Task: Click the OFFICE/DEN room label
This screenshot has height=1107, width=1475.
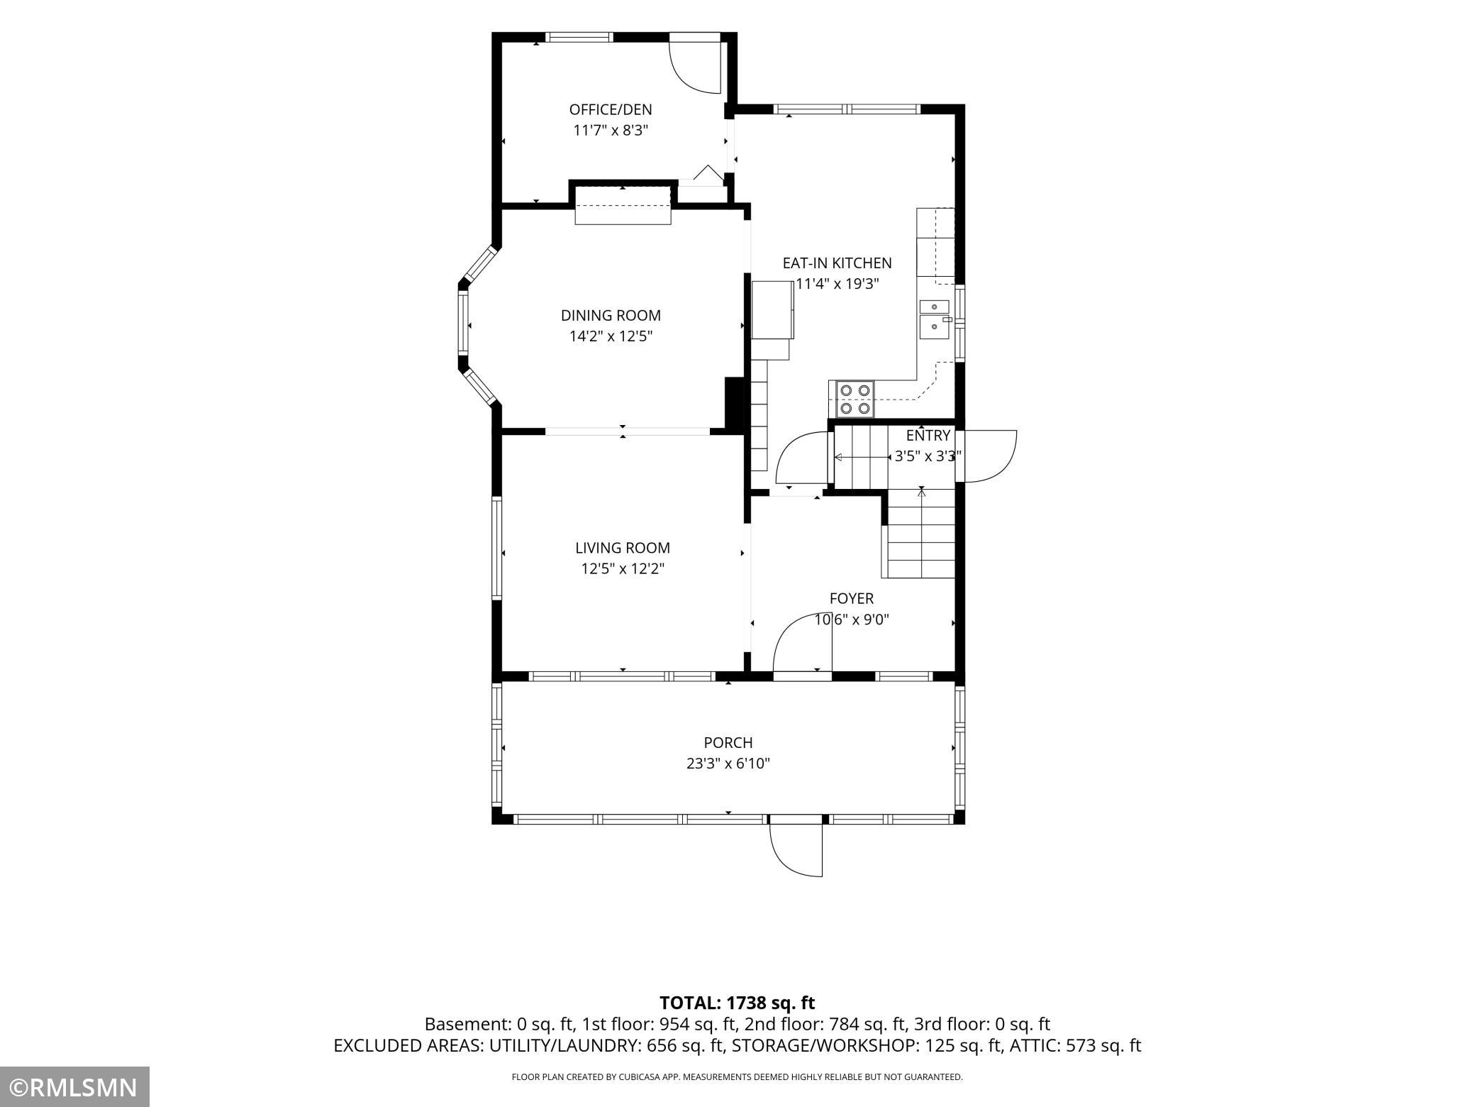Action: tap(611, 109)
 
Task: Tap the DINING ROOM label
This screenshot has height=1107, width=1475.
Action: tap(611, 315)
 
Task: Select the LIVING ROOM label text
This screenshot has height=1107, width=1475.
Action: tap(623, 548)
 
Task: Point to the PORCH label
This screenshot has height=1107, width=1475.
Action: tap(728, 742)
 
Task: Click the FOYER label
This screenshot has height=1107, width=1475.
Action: tap(852, 598)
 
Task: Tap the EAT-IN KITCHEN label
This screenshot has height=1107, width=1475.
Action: tap(837, 263)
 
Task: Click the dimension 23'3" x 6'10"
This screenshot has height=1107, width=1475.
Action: tap(728, 764)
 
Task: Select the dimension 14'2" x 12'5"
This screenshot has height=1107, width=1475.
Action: tap(611, 336)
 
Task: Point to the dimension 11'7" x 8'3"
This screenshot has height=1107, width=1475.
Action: tap(611, 131)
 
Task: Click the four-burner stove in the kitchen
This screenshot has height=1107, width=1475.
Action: tap(855, 399)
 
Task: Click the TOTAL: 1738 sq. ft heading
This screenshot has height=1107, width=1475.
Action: tap(737, 1003)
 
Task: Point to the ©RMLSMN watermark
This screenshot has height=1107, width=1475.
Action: tap(74, 1087)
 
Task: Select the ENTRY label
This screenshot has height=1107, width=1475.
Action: tap(928, 435)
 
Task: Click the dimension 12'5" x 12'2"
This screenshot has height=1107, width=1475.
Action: tap(623, 569)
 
